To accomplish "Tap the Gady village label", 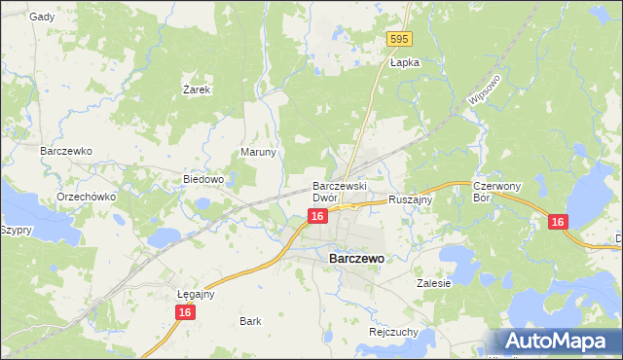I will point(42,17).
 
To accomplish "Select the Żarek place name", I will point(198,89).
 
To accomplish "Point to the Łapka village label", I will point(404,62).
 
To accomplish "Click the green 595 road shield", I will point(399,39).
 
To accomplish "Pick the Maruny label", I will point(259,153).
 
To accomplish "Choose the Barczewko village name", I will point(65,152).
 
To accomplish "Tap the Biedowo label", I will point(204,180).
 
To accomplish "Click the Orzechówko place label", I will point(86,196).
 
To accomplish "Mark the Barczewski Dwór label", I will point(338,191).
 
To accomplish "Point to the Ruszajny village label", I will point(410,198).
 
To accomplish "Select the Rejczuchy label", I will point(393,331).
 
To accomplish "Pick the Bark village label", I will point(250,320).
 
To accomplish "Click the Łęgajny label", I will point(196,293).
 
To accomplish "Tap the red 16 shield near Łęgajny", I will point(185,312).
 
